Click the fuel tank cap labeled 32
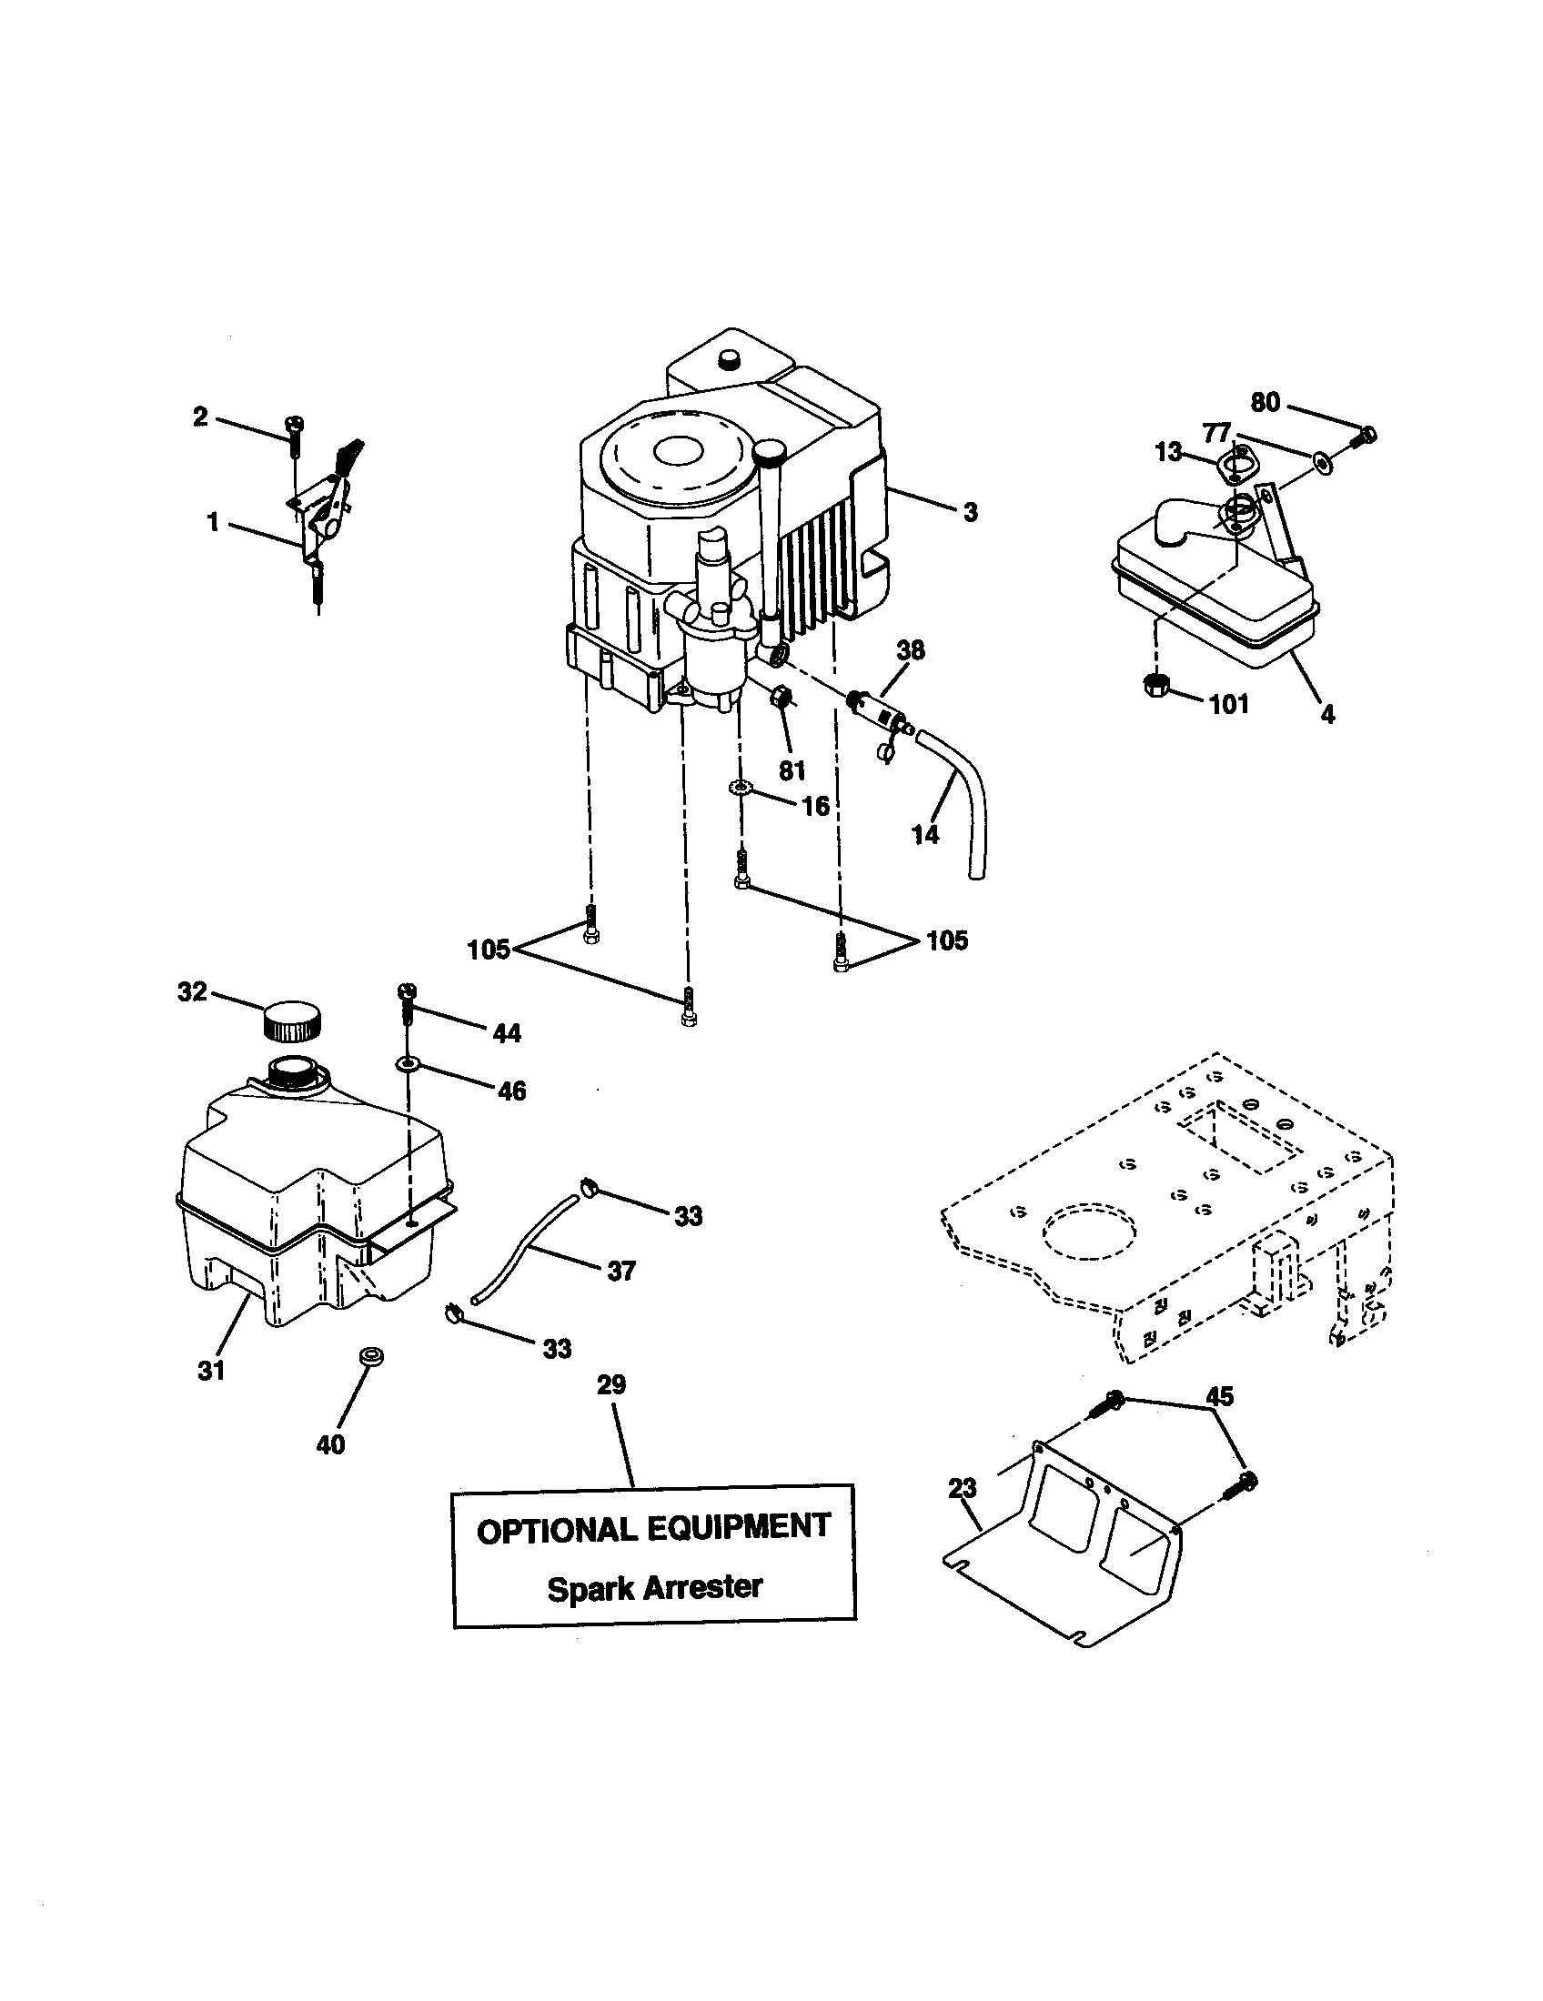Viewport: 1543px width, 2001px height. (292, 1021)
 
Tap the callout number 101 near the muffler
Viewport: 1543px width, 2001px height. (1229, 704)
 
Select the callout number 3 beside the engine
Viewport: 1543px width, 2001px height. (971, 512)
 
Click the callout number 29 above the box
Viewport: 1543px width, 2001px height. (611, 1384)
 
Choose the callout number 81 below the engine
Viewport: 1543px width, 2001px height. (792, 769)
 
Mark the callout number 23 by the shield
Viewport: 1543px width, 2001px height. (963, 1489)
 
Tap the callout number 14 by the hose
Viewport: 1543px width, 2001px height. (925, 834)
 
